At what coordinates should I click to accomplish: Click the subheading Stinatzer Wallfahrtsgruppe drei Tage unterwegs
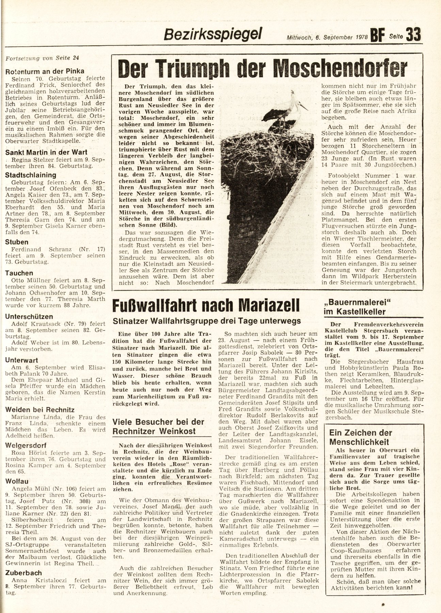pyautogui.click(x=207, y=321)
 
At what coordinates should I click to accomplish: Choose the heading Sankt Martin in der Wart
pyautogui.click(x=46, y=153)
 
